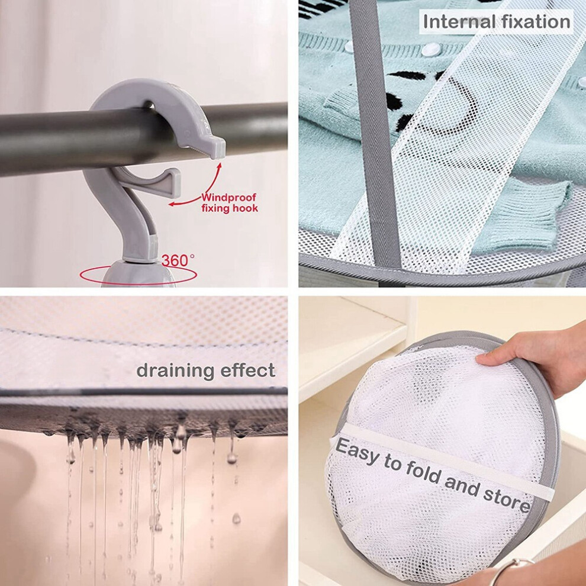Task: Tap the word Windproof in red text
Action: click(228, 197)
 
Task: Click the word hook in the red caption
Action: click(245, 208)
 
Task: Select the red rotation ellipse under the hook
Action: click(139, 276)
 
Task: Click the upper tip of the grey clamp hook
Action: click(218, 148)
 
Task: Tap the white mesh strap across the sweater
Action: click(441, 142)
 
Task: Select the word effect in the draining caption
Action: click(248, 371)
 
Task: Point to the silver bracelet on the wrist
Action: click(511, 571)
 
